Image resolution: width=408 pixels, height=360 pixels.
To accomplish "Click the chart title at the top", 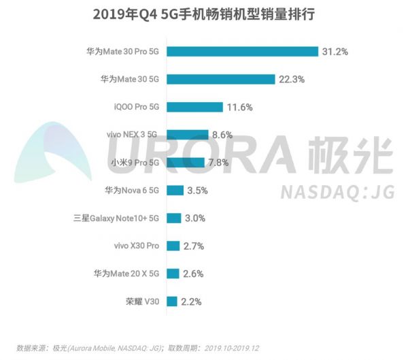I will (x=203, y=14).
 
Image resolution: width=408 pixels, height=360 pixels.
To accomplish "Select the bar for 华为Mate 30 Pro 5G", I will (x=242, y=52).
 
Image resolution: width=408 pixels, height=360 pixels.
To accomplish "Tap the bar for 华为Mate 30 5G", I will (x=220, y=79).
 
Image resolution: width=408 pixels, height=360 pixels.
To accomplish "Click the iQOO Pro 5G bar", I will (x=194, y=107).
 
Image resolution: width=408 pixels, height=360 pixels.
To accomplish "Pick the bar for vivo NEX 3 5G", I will (x=187, y=135).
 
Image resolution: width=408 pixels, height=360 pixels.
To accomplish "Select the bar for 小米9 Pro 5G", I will (x=185, y=162).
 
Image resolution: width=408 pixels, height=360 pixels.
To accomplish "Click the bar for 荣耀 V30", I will (x=171, y=301).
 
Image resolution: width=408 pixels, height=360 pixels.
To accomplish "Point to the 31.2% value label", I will (x=336, y=52).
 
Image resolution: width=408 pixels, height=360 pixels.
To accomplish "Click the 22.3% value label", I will (x=291, y=79).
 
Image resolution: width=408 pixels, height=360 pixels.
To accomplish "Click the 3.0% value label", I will (x=196, y=218).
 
